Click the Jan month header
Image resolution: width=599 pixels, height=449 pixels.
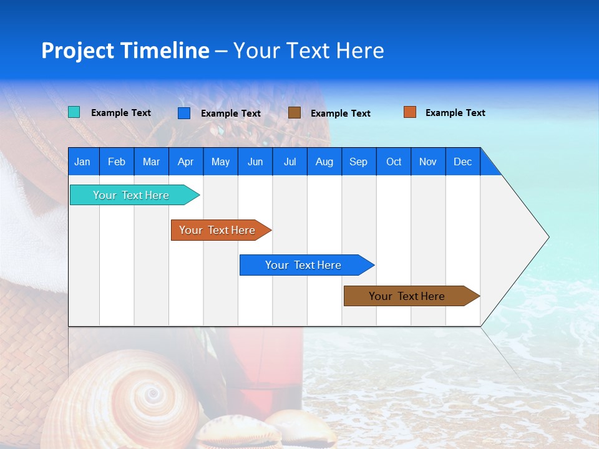click(x=82, y=162)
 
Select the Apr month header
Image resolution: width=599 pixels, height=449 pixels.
click(x=185, y=162)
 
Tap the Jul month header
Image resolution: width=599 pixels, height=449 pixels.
click(x=290, y=162)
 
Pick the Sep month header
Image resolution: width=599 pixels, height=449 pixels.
click(x=358, y=162)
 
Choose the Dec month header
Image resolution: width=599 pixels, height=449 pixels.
click(x=462, y=162)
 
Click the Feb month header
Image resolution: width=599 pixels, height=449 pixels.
click(x=117, y=162)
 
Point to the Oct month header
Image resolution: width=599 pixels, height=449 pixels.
click(x=394, y=162)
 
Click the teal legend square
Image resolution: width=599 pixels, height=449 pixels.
click(x=74, y=112)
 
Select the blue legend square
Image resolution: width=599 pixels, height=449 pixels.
click(x=184, y=113)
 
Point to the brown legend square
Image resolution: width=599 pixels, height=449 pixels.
click(x=295, y=112)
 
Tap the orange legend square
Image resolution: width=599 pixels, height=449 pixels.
click(x=410, y=112)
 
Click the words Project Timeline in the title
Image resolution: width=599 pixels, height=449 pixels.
click(x=125, y=51)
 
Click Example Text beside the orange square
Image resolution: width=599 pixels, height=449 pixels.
click(x=455, y=113)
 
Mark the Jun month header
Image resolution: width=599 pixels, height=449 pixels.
click(x=255, y=162)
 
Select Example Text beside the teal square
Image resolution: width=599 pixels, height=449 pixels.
click(x=121, y=113)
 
